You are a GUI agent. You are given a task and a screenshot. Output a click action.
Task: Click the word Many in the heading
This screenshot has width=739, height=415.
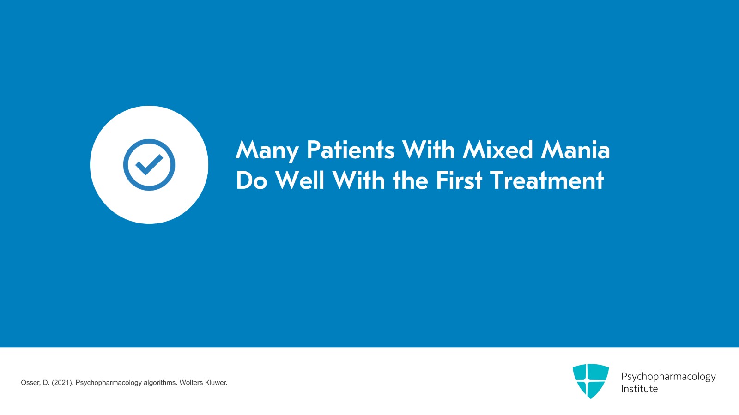click(267, 150)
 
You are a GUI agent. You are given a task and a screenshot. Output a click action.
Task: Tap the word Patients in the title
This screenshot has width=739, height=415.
click(351, 150)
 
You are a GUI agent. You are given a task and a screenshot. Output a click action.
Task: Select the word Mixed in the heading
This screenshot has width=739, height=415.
click(498, 150)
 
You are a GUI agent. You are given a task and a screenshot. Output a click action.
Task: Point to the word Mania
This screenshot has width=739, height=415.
click(575, 150)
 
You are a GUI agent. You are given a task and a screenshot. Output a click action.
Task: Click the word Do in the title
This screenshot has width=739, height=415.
click(251, 180)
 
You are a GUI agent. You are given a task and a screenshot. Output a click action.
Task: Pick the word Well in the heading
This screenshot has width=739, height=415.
click(300, 180)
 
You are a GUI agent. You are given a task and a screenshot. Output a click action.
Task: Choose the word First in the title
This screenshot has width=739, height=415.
click(459, 180)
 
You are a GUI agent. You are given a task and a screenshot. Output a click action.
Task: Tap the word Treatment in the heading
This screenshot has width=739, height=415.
click(547, 180)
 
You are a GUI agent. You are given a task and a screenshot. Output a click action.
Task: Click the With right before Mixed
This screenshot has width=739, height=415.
click(429, 150)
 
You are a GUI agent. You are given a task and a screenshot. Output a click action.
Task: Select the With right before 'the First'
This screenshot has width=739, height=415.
click(358, 180)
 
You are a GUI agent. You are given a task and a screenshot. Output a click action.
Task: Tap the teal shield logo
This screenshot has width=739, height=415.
click(590, 381)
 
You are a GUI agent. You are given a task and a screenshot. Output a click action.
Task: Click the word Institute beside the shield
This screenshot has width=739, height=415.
click(639, 389)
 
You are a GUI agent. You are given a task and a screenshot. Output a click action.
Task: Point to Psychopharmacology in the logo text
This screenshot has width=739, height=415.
click(668, 377)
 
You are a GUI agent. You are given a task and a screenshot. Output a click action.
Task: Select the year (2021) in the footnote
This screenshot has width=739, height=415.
click(62, 383)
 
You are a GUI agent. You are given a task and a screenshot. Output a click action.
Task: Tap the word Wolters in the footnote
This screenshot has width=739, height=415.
click(191, 383)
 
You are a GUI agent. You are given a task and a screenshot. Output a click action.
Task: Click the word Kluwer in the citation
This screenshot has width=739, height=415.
click(216, 383)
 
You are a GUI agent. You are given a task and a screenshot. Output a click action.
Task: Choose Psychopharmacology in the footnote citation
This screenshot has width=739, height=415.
click(109, 383)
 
